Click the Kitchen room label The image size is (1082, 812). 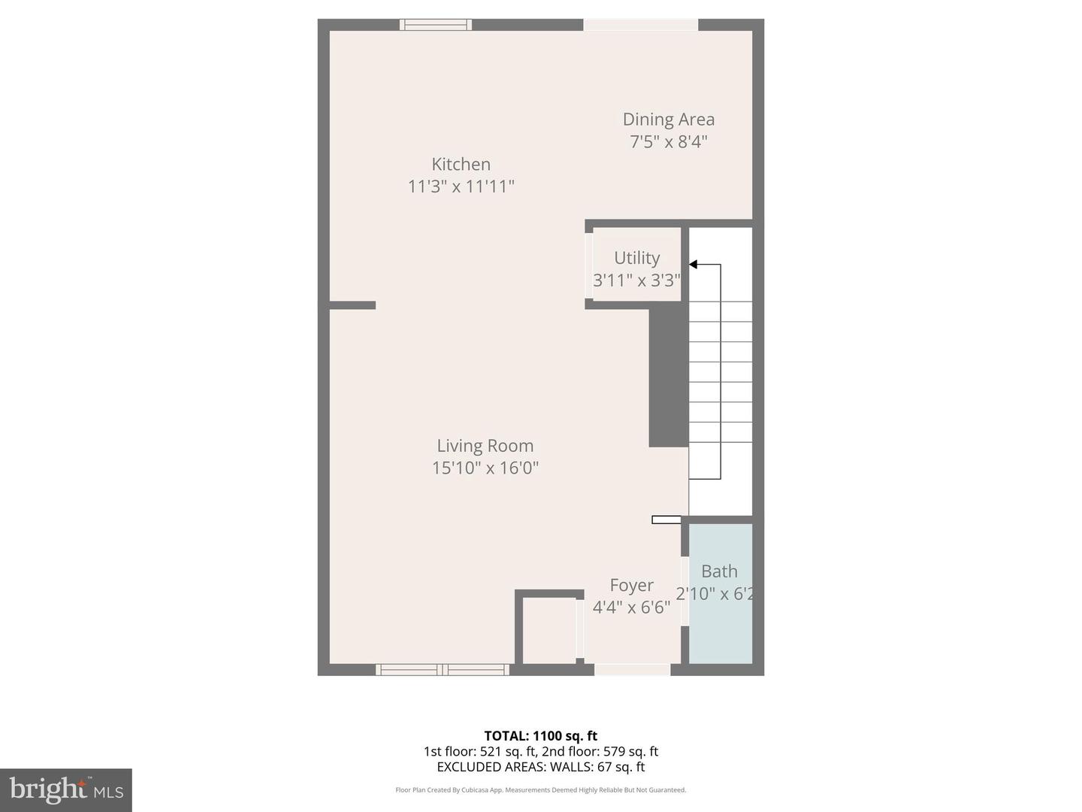pos(461,164)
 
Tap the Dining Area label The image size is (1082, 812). pos(668,120)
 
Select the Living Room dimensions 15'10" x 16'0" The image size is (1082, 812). pos(485,468)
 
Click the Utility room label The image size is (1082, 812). pos(636,258)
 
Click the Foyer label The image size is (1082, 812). pos(631,585)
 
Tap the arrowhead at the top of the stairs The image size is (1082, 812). pos(694,265)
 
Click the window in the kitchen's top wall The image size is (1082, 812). pos(436,25)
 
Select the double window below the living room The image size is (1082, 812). pos(443,669)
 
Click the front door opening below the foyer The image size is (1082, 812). pos(632,669)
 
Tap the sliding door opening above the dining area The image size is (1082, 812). pos(640,25)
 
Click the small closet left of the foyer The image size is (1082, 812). pos(549,630)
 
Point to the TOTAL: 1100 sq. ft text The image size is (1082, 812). pos(540,736)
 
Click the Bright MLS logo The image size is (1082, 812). pos(66,789)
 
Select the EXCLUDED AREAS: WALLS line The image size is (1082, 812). pos(540,767)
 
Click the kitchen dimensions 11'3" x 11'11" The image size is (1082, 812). pos(461,186)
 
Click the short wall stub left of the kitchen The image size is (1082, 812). pos(352,305)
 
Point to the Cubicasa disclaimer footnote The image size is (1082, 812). pos(540,790)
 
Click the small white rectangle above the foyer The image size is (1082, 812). pos(666,520)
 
